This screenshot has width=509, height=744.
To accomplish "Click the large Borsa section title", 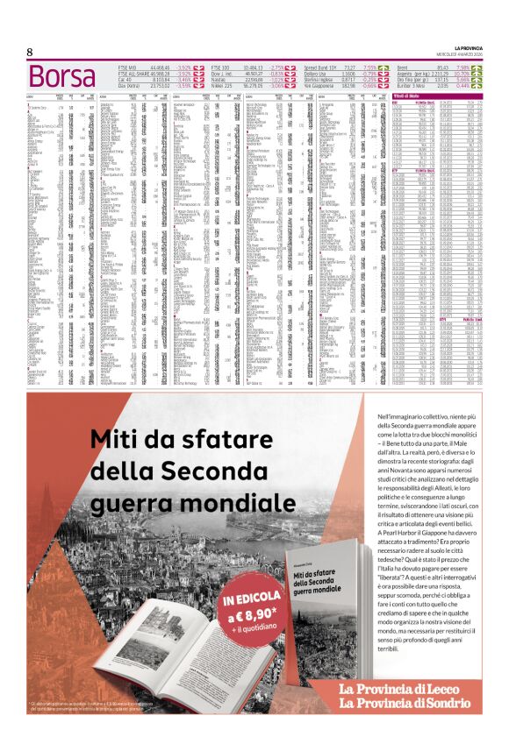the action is [61, 76].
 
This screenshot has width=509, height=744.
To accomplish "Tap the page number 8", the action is [30, 53].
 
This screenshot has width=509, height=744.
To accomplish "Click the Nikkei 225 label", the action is [223, 86].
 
